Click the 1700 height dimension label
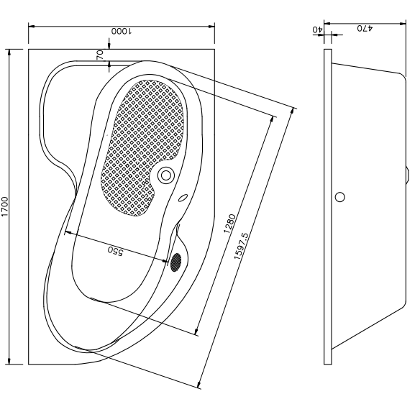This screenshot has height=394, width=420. (x=5, y=207)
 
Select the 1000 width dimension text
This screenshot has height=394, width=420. (x=122, y=32)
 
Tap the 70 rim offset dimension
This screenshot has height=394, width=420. (x=100, y=55)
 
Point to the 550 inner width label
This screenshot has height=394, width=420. (x=115, y=251)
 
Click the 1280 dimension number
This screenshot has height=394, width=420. (x=230, y=224)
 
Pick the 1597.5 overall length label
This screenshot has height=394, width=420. (x=241, y=246)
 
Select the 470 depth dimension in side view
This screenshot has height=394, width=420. (x=365, y=28)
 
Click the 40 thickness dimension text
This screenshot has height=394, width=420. (x=318, y=29)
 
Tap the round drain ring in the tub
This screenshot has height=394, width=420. (x=166, y=175)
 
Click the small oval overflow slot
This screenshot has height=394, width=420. (x=183, y=198)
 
